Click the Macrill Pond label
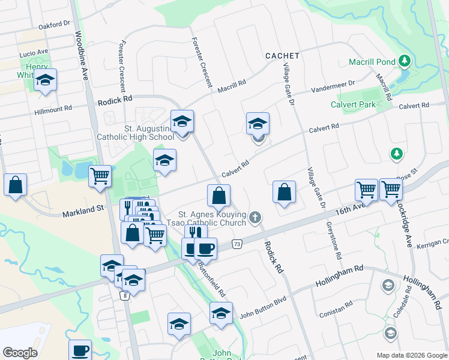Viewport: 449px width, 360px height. [x=373, y=62]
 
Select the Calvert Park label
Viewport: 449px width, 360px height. [x=353, y=104]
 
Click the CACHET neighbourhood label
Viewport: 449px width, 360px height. [x=282, y=55]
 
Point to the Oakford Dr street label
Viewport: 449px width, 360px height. [x=54, y=25]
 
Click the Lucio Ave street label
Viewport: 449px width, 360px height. [x=34, y=52]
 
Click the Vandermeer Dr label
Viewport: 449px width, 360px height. [x=333, y=88]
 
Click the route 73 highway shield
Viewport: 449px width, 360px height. [x=238, y=244]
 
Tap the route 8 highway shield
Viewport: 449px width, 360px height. [x=124, y=296]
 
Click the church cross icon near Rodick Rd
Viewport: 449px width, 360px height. [x=256, y=217]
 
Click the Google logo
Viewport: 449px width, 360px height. [x=20, y=352]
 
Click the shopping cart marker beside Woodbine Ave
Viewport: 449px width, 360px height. [x=100, y=176]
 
